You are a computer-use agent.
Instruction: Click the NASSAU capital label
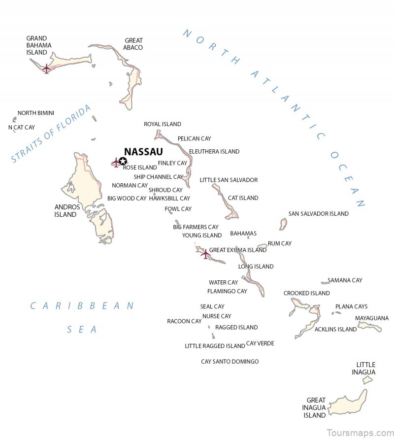143,152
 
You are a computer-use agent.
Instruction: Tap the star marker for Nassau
123,161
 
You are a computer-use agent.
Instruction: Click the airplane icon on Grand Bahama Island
47,68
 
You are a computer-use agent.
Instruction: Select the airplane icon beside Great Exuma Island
205,254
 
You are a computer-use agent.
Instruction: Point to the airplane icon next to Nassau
116,162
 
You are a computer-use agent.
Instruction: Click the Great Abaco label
133,44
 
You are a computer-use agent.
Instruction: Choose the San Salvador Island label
318,214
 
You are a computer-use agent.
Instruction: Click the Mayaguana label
371,318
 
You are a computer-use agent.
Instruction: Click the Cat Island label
243,198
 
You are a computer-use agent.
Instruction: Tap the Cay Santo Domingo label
230,362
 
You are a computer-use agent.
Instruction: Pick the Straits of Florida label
51,134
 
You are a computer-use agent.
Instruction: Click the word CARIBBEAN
82,306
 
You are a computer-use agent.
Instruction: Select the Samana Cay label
345,280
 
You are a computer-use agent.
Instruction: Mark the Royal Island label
163,124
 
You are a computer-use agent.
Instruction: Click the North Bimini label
36,113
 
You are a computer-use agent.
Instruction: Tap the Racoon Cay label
184,321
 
